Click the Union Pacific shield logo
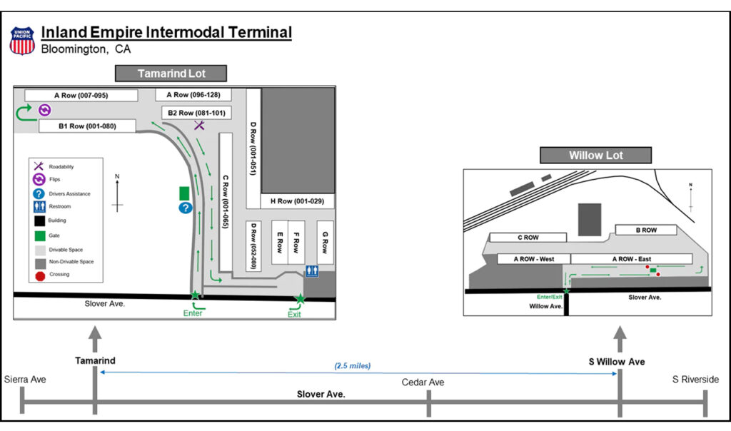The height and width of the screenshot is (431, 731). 22,41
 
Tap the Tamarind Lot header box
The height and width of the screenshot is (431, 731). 171,73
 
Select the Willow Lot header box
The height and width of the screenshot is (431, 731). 595,156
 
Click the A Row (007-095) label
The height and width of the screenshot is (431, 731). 81,96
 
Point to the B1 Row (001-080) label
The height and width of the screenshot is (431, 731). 87,126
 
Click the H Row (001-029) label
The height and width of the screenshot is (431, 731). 297,201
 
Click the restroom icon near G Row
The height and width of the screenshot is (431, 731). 311,271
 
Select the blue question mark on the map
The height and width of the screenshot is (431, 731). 185,208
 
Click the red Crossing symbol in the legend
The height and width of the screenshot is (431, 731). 40,275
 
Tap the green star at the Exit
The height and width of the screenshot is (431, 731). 300,298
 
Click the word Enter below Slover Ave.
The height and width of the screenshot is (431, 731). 193,313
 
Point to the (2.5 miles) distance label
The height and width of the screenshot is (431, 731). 353,366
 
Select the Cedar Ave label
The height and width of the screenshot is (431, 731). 423,382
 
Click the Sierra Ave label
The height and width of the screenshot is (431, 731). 24,380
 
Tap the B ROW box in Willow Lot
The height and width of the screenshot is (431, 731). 646,230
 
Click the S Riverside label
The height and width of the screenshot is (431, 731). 695,380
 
